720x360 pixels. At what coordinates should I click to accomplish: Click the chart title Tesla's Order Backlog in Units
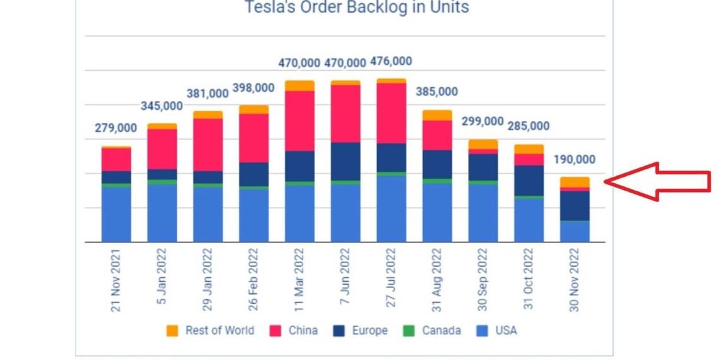pos(357,8)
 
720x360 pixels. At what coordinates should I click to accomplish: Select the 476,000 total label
pos(391,61)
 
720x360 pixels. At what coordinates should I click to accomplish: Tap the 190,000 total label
pos(573,159)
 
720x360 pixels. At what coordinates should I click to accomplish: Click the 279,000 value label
pos(116,128)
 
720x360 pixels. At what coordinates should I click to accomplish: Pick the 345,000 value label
pos(162,106)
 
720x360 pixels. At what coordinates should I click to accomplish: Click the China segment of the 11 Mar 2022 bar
pos(299,121)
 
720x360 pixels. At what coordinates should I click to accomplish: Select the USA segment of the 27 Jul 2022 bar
pos(391,208)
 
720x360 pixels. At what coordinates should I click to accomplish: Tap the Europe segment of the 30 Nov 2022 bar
pos(574,205)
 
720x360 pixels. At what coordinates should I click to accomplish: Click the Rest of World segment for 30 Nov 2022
pos(574,182)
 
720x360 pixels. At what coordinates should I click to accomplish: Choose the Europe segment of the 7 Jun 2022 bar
pos(345,161)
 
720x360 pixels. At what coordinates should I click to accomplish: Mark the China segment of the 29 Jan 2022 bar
pos(208,145)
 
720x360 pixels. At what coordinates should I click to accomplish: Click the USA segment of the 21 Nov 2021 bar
pos(116,214)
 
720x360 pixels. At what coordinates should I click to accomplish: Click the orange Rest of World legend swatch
pos(172,330)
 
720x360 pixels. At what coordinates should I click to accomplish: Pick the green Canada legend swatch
pos(409,330)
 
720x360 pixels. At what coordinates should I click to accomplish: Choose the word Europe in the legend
pos(369,330)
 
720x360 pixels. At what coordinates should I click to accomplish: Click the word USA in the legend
pos(506,330)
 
